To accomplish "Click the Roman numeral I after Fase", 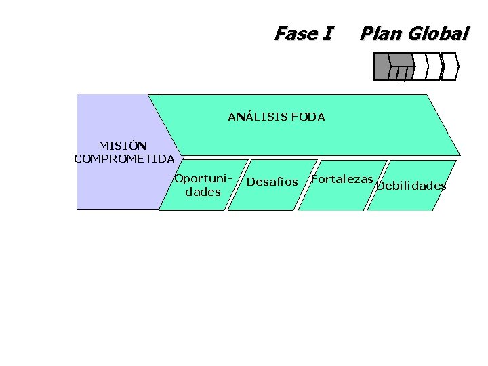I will [328, 33].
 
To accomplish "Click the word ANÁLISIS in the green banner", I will [257, 117].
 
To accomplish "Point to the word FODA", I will [308, 117].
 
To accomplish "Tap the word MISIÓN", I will [123, 146].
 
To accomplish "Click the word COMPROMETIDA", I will [124, 159].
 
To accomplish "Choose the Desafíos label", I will [272, 182].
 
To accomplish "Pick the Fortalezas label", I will [342, 179].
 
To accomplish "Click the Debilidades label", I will [411, 186].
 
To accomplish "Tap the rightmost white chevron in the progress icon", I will [452, 66].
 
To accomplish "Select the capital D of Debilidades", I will [380, 186].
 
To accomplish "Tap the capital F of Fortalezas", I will [314, 179].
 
